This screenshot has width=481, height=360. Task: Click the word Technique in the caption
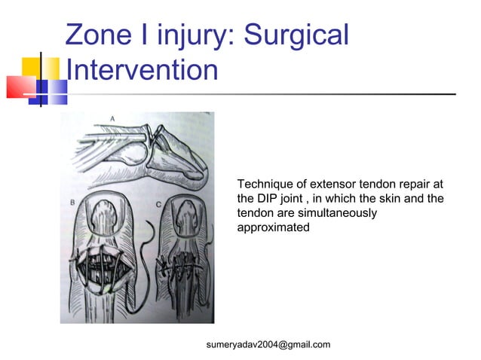[x=264, y=185]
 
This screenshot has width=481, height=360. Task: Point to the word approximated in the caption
[x=273, y=227]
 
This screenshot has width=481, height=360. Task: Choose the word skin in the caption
[x=400, y=199]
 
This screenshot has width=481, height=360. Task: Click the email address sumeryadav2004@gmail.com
[x=268, y=345]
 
